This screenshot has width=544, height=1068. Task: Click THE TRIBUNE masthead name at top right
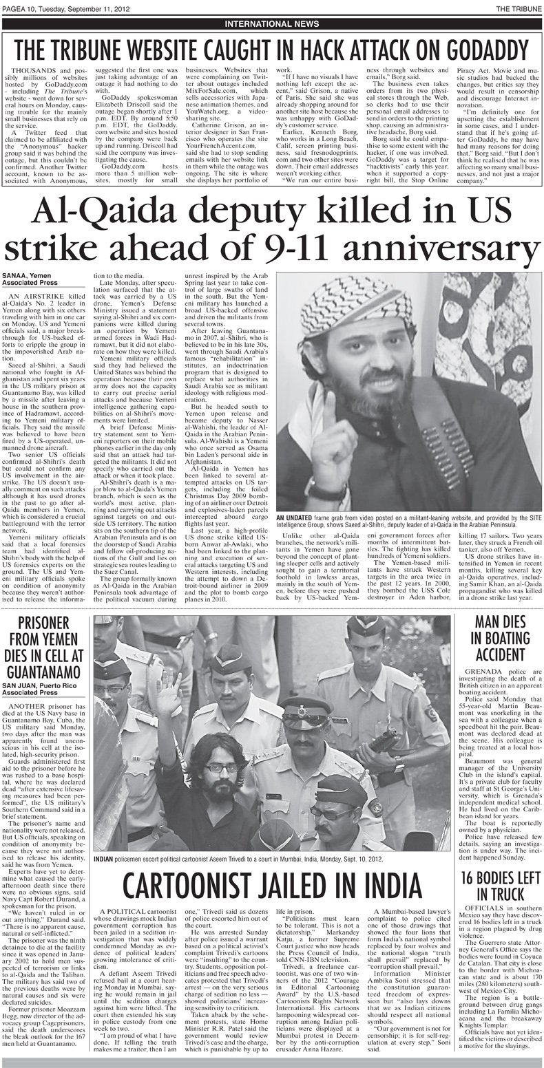pos(514,7)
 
